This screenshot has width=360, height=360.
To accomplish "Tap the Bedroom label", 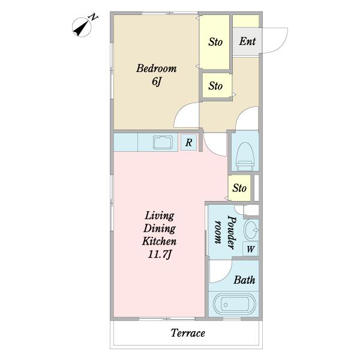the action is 157,68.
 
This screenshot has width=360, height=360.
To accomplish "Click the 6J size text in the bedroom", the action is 157,82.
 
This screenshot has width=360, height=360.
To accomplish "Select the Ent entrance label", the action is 247,41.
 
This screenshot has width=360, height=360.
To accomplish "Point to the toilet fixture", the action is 245,156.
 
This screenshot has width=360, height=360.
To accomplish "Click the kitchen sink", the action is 163,143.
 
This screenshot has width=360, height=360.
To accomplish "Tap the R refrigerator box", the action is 188,142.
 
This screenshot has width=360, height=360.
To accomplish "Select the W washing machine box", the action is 250,248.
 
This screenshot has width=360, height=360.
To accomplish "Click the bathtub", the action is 234,304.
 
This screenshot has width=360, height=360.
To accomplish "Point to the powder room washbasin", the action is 251,230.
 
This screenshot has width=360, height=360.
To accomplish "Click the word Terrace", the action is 188,333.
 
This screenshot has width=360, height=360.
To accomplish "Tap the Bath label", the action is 244,280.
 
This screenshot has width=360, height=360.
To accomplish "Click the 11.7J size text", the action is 160,254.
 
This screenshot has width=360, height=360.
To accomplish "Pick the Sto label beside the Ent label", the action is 215,42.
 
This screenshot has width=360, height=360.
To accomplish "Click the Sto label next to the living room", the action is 239,188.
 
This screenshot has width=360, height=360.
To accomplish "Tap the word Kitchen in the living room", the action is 160,241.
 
